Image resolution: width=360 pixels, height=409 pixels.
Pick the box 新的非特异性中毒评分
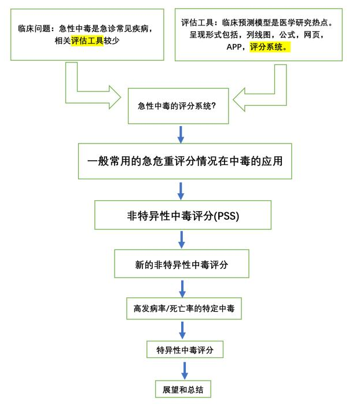[x=182, y=264]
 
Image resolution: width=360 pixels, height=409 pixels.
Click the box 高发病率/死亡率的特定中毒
[x=183, y=308]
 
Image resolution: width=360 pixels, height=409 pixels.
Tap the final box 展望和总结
[x=183, y=389]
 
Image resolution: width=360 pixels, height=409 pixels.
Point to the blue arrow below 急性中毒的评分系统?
[x=181, y=134]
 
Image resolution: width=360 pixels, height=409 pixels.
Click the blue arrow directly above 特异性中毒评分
[x=183, y=330]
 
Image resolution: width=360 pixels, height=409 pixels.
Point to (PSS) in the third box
[x=226, y=216]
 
